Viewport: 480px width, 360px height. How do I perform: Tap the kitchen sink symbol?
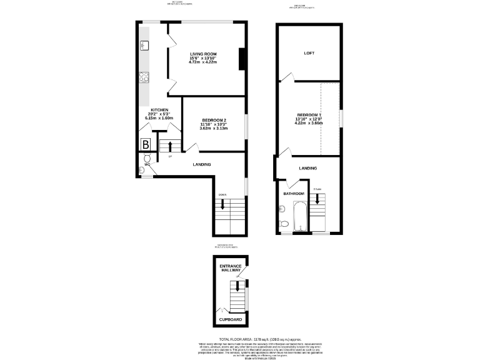click(x=144, y=44)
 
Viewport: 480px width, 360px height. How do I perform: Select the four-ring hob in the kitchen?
click(x=144, y=77)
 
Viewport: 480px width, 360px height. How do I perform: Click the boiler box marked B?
click(x=146, y=144)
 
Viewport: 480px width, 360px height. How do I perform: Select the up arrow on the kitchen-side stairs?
click(x=169, y=147)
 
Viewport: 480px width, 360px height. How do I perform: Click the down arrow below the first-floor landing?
click(x=223, y=203)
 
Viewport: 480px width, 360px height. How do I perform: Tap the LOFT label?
click(x=309, y=52)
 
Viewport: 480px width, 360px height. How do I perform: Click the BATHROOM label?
click(x=293, y=194)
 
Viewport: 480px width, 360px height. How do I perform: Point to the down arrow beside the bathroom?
click(x=317, y=198)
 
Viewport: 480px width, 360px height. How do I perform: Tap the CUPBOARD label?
click(x=230, y=319)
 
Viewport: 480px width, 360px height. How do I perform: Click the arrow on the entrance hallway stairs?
click(x=236, y=287)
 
